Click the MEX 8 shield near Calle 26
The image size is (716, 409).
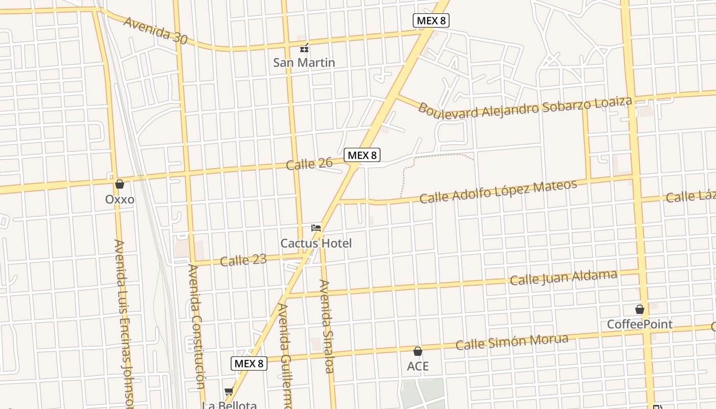point(362,155)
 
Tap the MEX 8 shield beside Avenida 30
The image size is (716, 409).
point(431,20)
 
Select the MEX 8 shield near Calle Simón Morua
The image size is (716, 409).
point(249,363)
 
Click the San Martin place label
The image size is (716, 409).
point(304,63)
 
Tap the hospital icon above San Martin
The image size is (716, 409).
point(304,49)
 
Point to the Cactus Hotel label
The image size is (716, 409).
point(316,243)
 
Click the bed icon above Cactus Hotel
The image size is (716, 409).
point(316,228)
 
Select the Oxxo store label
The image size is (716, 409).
point(120,199)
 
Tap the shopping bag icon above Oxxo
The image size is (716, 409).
point(120,184)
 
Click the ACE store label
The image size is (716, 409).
point(418,367)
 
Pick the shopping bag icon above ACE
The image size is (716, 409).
point(418,351)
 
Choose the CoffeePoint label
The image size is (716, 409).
point(640,325)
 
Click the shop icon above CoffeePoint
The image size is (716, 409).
point(640,309)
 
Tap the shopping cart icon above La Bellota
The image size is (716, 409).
point(229,392)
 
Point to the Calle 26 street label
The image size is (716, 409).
point(309,164)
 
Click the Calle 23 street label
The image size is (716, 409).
point(243,261)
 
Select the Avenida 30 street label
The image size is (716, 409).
point(155,30)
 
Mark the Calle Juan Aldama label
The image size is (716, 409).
point(564,278)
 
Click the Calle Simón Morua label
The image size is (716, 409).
point(512,342)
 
